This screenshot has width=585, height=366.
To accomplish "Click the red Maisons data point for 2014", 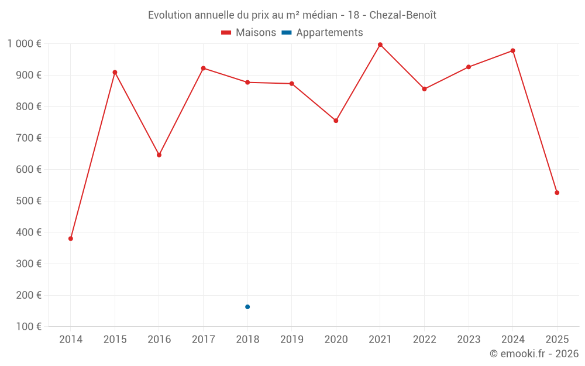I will pos(71,238).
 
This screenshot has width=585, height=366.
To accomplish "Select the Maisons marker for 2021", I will pos(380,45).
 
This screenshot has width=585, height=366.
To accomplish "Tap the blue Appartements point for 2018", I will pos(247,307).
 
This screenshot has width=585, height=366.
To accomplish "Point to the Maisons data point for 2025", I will pos(557,193).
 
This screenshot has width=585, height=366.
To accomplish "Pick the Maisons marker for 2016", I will pos(159,155).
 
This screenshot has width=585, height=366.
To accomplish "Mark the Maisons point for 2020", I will pos(336,121).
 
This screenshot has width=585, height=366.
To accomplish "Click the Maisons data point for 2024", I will pos(512,51).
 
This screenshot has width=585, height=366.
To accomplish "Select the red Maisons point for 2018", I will pos(247,83).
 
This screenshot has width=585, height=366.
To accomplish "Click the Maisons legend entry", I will pos(249,33).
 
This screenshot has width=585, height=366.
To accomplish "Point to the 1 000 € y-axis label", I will pos(24,44).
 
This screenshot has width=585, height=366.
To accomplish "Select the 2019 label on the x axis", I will pos(292,340).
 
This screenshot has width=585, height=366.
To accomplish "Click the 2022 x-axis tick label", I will pos(424,340).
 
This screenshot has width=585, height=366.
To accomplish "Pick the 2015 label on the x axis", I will pos(115,340).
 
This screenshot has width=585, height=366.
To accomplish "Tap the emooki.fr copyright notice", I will pos(534,354).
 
